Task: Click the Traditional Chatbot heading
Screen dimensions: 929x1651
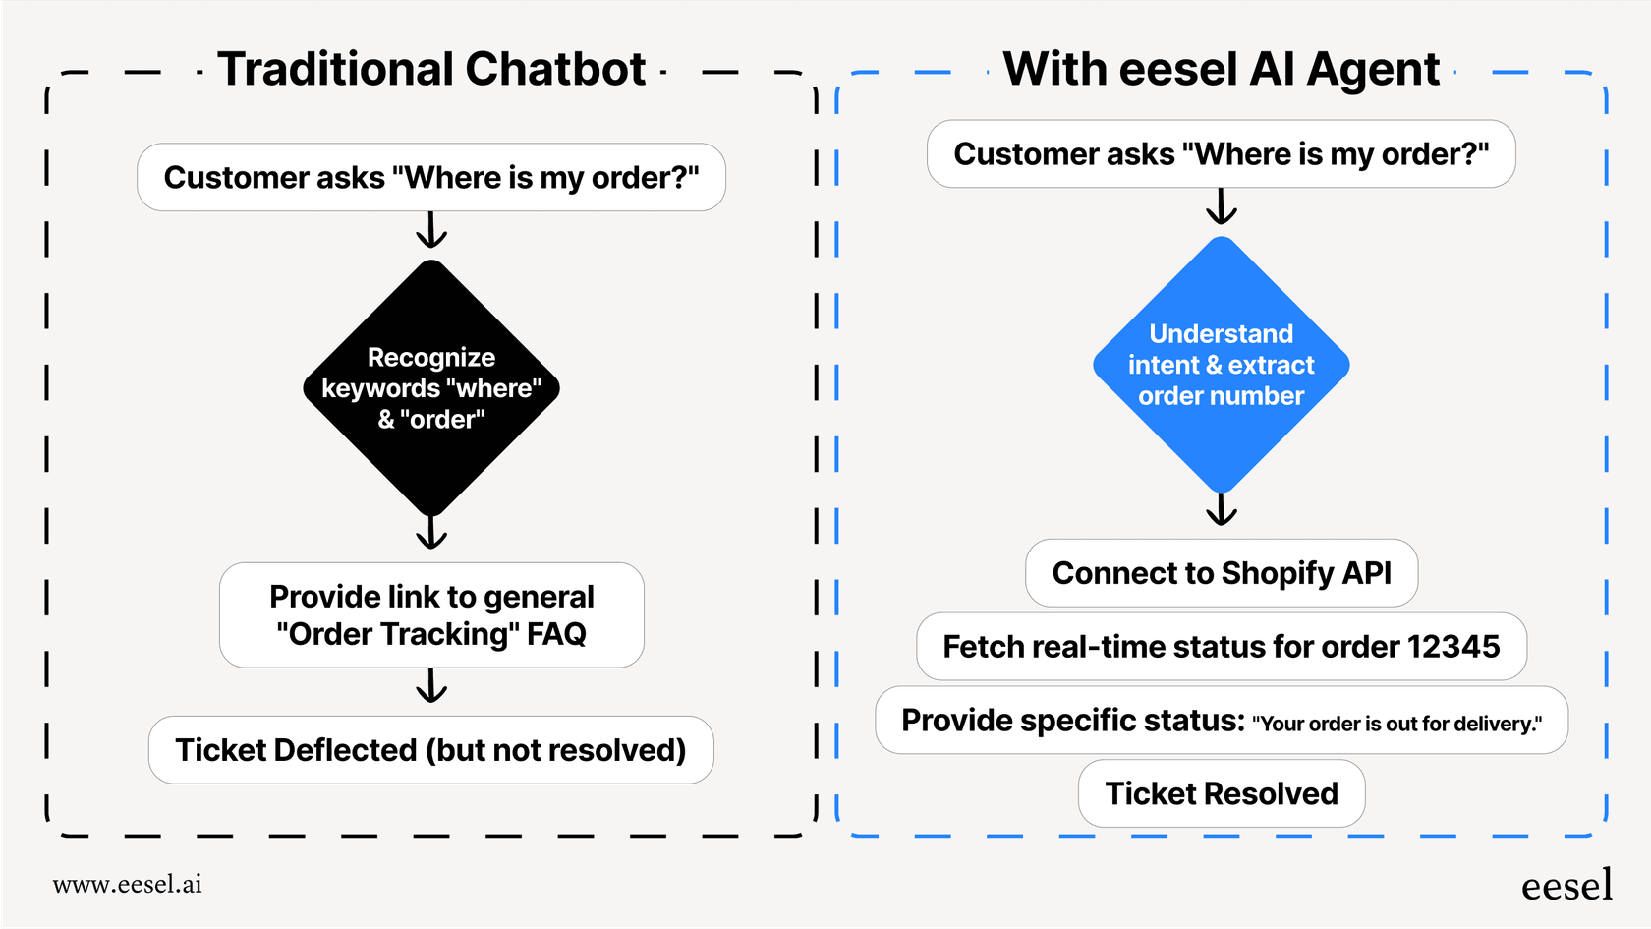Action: click(x=431, y=70)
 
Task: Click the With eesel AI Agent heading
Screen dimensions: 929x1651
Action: click(x=1221, y=70)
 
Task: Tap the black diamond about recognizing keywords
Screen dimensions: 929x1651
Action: click(x=431, y=388)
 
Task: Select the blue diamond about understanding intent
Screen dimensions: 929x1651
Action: click(x=1221, y=365)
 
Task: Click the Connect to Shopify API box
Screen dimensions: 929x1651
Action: click(x=1221, y=573)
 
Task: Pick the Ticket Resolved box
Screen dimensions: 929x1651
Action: click(x=1221, y=793)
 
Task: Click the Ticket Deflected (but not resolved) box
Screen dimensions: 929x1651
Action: click(x=430, y=750)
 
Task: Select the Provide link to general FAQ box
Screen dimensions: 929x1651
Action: click(x=431, y=615)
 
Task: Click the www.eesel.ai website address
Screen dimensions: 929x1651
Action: click(x=128, y=884)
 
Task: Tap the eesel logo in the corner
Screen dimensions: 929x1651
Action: click(x=1566, y=886)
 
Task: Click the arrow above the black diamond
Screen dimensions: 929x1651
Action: click(x=431, y=230)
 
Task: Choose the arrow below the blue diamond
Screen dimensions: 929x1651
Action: click(x=1221, y=509)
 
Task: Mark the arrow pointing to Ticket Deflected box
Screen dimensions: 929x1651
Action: click(x=431, y=686)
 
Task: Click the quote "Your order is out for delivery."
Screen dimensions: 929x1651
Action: click(x=1396, y=725)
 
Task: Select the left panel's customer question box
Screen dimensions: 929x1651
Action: click(x=431, y=178)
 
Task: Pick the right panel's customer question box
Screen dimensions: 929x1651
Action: click(x=1221, y=154)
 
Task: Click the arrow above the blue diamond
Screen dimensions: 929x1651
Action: click(x=1221, y=206)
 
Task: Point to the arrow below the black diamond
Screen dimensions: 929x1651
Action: click(x=431, y=532)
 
